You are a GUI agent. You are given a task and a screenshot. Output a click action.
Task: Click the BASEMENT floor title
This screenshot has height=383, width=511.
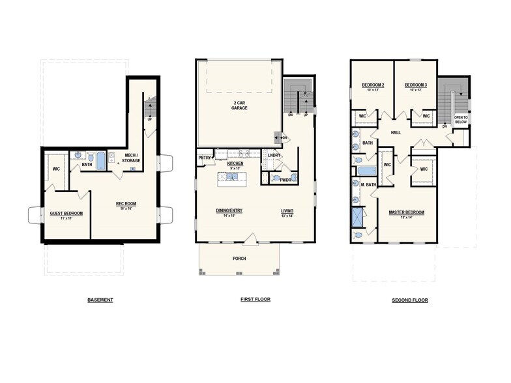tap(100, 300)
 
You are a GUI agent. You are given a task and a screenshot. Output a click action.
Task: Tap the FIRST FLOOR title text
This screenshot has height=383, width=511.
tap(255, 300)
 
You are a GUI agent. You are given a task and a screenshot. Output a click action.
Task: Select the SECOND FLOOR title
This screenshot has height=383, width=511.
tap(410, 300)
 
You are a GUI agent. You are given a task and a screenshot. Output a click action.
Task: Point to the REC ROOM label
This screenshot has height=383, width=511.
tap(125, 205)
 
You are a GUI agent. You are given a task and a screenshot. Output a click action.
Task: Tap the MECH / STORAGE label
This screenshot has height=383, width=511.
tap(132, 158)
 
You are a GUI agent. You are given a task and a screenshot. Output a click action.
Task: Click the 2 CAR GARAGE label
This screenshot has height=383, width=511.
tap(239, 105)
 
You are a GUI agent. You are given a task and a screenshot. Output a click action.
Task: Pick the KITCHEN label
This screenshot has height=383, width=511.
tap(235, 163)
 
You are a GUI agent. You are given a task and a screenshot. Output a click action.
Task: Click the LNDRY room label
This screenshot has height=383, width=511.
tap(274, 155)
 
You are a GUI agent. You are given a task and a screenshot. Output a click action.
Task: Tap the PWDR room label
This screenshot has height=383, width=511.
tap(285, 180)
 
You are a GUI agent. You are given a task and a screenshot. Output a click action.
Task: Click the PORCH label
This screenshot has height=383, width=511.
tap(239, 259)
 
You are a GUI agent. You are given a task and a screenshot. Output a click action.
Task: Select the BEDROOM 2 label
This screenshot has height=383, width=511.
tap(373, 85)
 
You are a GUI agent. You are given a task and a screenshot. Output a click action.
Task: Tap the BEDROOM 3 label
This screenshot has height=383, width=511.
tap(415, 85)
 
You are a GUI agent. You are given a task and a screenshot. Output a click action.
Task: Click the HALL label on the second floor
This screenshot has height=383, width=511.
tap(396, 132)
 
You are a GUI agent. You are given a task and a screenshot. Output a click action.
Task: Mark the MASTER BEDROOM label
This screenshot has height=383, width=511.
tap(407, 212)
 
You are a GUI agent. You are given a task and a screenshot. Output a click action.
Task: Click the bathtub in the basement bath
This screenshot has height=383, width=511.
tap(101, 161)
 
